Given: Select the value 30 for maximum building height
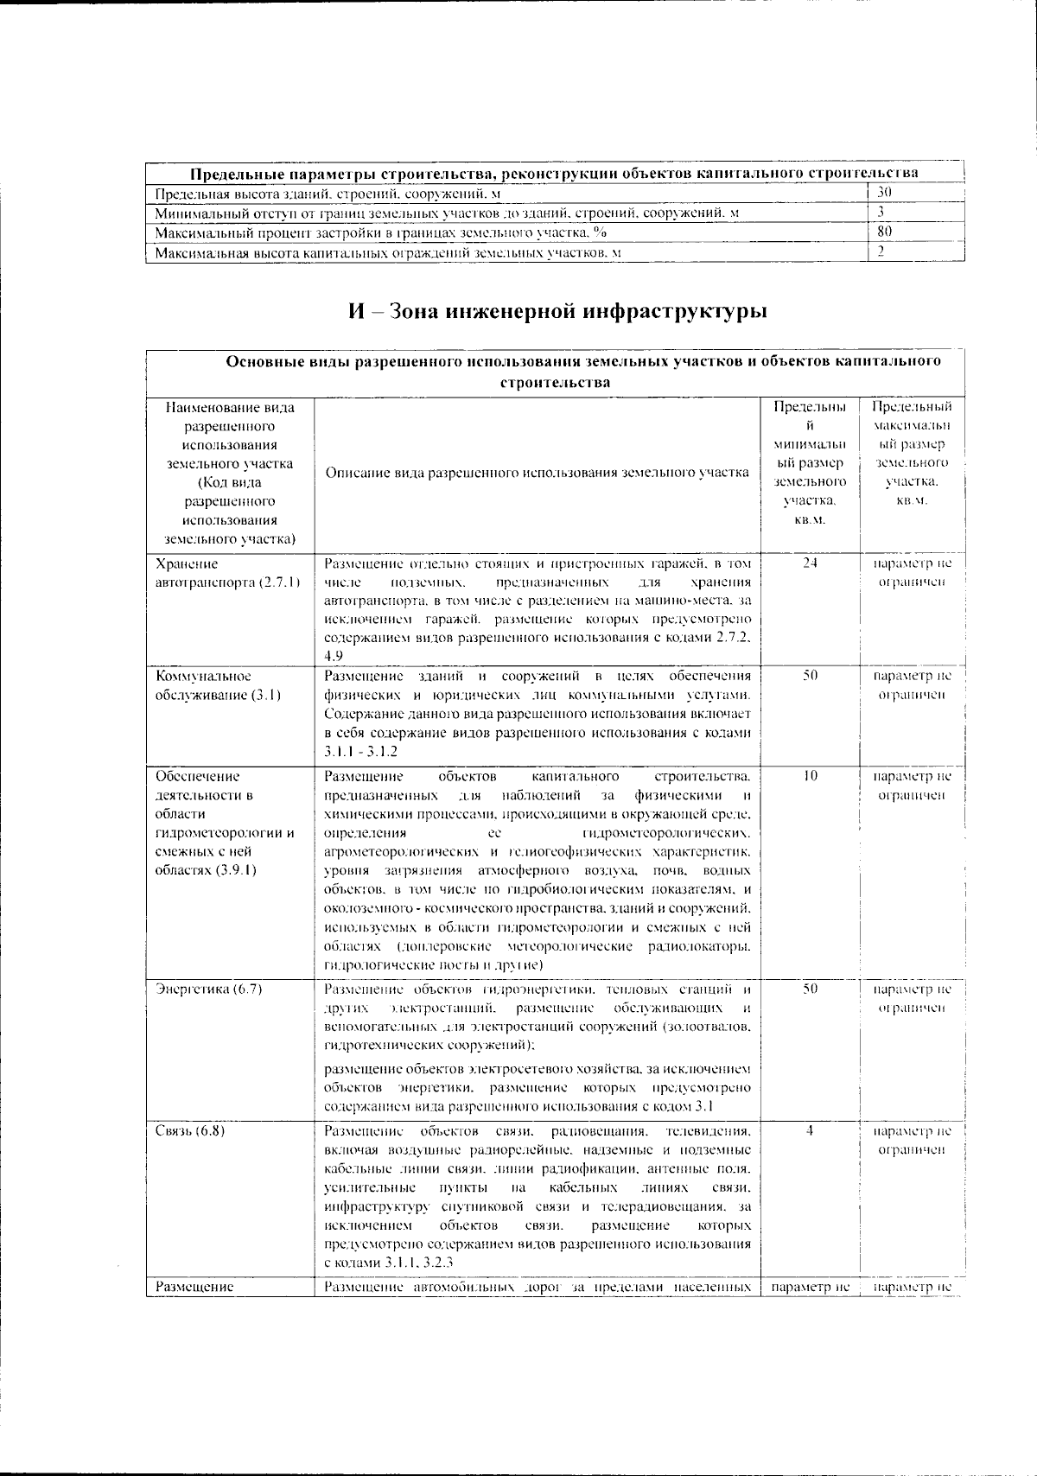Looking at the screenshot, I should pyautogui.click(x=884, y=192).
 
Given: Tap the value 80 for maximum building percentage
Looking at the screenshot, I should pyautogui.click(x=884, y=232).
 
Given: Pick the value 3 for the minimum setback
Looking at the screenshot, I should pyautogui.click(x=881, y=212).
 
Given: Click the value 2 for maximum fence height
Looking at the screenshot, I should pyautogui.click(x=881, y=252).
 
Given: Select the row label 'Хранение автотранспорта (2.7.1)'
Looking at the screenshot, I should pyautogui.click(x=227, y=573).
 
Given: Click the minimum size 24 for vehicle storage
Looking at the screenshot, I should pyautogui.click(x=809, y=563).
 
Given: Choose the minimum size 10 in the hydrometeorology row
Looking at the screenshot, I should pyautogui.click(x=809, y=776).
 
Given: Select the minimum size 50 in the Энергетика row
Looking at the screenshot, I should pyautogui.click(x=809, y=989).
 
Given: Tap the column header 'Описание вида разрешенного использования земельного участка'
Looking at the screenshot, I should pyautogui.click(x=537, y=473).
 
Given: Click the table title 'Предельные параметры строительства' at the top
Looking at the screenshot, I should pyautogui.click(x=553, y=173).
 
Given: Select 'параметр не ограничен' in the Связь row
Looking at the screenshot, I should pyautogui.click(x=912, y=1141).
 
